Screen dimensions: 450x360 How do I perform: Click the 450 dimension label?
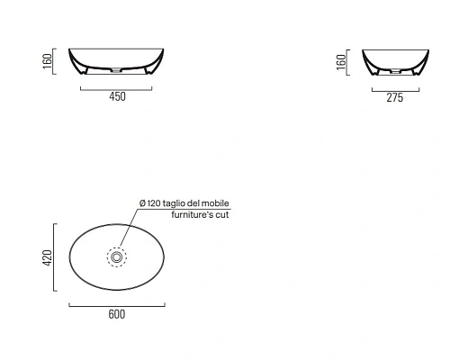[x=117, y=96]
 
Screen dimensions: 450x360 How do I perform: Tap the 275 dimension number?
[x=395, y=98]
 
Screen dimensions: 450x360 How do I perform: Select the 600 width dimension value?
[x=117, y=314]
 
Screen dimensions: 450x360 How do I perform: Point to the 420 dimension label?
[x=48, y=257]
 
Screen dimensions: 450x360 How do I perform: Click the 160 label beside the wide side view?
[x=48, y=61]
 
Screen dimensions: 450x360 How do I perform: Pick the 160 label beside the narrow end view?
[x=341, y=62]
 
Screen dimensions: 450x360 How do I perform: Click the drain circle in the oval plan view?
[x=117, y=257]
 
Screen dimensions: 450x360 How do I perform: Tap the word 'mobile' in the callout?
[x=215, y=203]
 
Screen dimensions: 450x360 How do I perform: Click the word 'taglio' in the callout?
[x=174, y=203]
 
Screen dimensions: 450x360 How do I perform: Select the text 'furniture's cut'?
[x=200, y=215]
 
